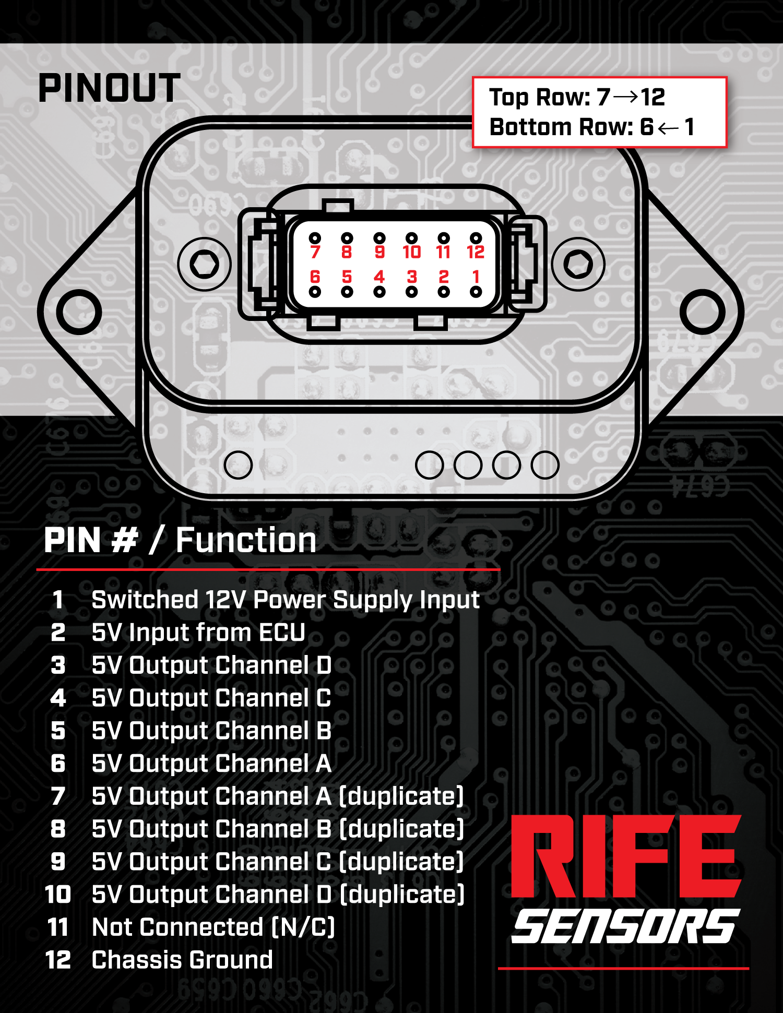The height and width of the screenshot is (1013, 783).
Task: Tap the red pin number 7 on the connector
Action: (x=315, y=252)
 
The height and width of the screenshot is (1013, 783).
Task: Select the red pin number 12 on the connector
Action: (x=476, y=252)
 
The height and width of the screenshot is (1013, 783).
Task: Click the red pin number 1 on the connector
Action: (x=476, y=276)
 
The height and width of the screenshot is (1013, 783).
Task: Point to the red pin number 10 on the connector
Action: (x=411, y=252)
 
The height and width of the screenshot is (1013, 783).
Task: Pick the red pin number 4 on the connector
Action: (x=379, y=276)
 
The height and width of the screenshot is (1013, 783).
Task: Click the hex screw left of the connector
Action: (x=204, y=264)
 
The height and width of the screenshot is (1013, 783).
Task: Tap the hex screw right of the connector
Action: (x=578, y=264)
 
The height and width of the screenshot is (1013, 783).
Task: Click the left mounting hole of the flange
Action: (x=79, y=312)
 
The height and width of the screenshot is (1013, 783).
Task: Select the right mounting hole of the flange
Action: (x=703, y=312)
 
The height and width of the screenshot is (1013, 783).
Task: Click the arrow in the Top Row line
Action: (x=625, y=97)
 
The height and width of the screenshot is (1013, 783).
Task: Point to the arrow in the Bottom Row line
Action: (x=668, y=127)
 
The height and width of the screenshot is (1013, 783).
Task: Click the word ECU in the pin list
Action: (x=282, y=633)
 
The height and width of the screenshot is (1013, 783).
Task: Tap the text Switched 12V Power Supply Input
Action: (x=285, y=600)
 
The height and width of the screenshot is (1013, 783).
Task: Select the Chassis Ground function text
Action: (x=182, y=960)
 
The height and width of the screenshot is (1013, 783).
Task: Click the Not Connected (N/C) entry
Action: (x=213, y=927)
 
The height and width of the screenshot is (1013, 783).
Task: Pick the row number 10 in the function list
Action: (x=58, y=895)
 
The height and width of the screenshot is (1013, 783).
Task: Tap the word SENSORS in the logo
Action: (x=625, y=926)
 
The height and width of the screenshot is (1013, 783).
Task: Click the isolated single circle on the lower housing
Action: (x=238, y=465)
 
